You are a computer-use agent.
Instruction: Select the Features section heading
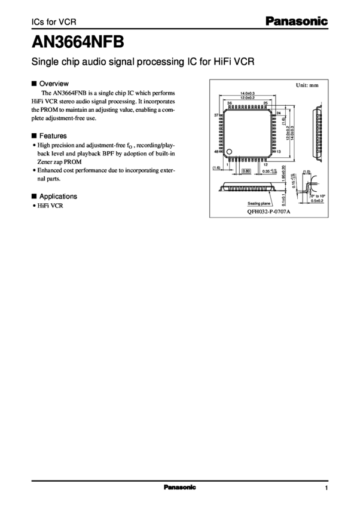point(53,136)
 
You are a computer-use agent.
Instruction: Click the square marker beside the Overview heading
point(33,84)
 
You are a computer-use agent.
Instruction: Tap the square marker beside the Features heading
point(33,136)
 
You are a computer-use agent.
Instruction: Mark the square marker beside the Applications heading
point(33,196)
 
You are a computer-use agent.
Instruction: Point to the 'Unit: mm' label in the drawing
point(307,86)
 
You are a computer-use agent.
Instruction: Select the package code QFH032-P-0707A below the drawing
point(269,212)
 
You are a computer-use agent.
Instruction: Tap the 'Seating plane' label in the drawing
point(260,203)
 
